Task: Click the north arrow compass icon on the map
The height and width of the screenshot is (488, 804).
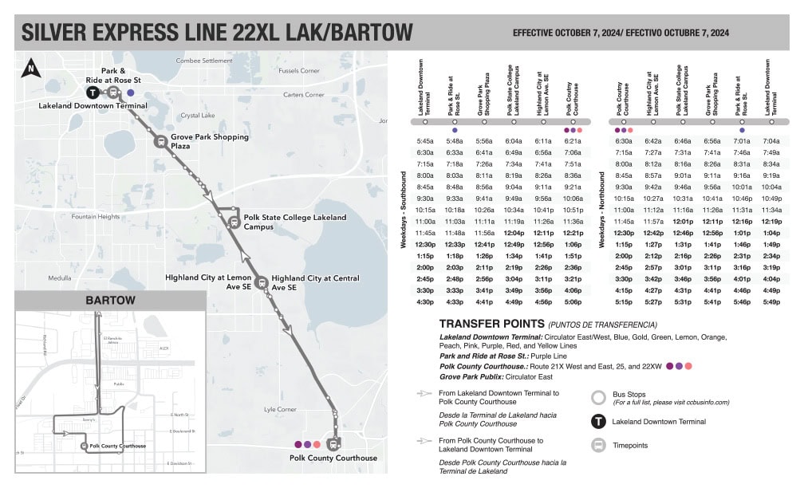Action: point(30,69)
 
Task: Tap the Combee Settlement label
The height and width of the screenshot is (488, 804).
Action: point(204,61)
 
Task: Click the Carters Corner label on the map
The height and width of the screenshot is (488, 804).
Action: point(304,95)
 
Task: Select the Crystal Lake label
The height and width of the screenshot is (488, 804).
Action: point(198,116)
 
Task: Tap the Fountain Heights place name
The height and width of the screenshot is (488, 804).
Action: point(95,217)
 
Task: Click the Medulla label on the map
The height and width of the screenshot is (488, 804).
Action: point(60,279)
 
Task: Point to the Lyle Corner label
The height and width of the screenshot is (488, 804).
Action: point(281,410)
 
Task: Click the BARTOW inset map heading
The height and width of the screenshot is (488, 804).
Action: point(110,301)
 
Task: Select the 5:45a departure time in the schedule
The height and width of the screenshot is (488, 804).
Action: point(424,141)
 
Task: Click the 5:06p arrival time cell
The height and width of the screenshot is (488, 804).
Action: point(573,302)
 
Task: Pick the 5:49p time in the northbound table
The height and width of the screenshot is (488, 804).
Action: point(771,302)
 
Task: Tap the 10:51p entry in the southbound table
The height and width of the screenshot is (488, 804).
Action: point(573,210)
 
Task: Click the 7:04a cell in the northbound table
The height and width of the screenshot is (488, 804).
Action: point(771,141)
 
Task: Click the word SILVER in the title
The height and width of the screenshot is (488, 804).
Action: point(62,33)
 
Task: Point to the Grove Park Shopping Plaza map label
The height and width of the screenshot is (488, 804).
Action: point(209,142)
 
